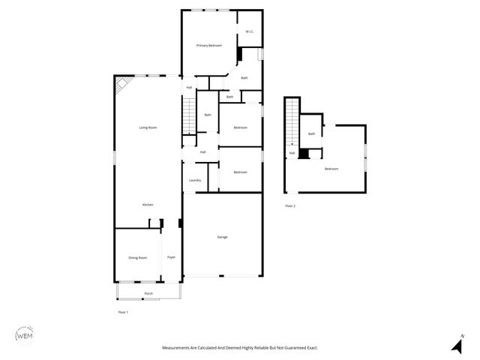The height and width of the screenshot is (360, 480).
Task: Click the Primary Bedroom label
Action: coord(209,46)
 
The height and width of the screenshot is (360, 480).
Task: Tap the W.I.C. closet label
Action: coord(250,31)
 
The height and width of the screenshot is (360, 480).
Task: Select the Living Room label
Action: coord(148,127)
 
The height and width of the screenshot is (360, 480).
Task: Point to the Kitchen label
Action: coord(148,205)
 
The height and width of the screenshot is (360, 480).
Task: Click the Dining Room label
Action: coord(137,258)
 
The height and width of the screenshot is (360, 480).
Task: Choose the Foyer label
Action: coord(171,258)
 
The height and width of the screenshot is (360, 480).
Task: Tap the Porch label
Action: coord(148,293)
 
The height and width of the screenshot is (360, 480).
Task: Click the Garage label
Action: coord(223,237)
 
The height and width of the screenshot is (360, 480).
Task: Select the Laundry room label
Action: coord(195,180)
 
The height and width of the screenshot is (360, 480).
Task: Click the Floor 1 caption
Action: coord(124,312)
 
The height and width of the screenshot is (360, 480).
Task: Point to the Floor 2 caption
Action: coord(290,205)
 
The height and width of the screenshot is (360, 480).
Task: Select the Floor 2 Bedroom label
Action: coord(331,169)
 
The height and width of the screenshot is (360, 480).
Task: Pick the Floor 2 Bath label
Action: coord(311,133)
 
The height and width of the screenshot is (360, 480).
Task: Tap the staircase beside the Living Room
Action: coord(189,116)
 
